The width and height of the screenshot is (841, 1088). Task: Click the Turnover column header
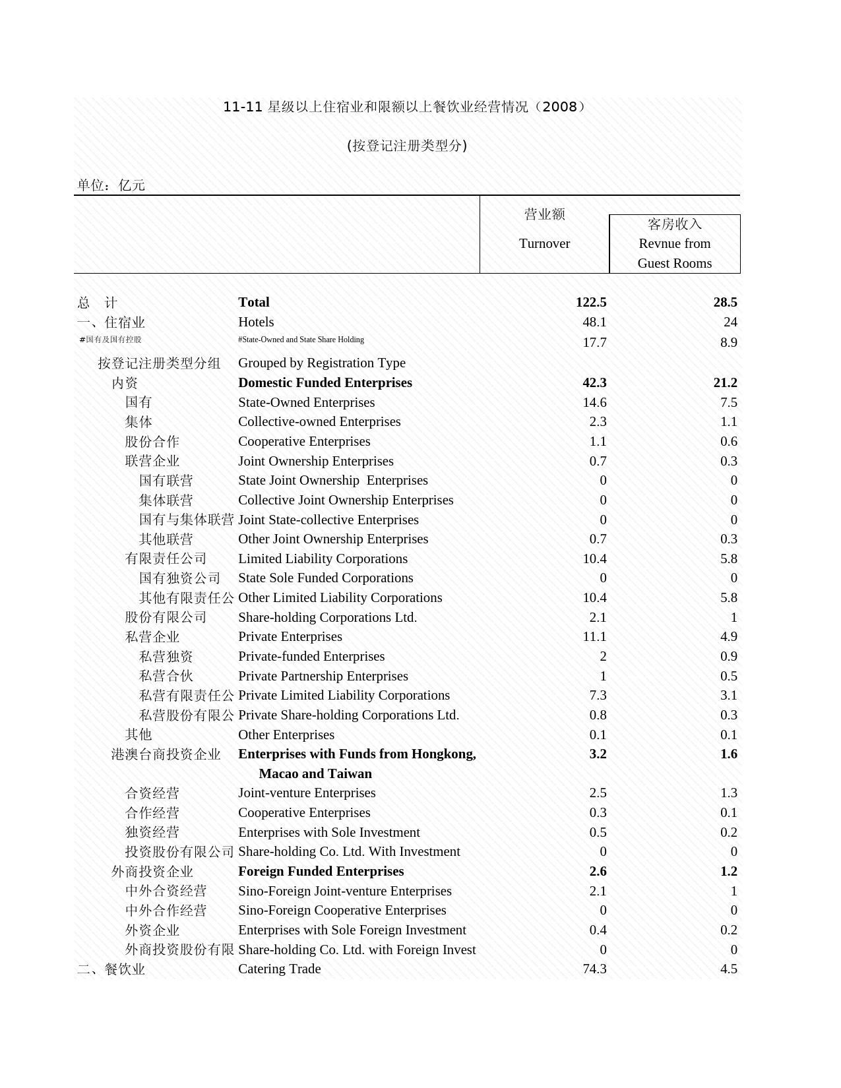pyautogui.click(x=544, y=243)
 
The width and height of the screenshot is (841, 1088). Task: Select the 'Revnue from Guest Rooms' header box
pyautogui.click(x=674, y=243)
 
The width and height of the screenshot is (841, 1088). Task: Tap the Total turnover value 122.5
pyautogui.click(x=590, y=302)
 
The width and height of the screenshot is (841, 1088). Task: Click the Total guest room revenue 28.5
pyautogui.click(x=725, y=302)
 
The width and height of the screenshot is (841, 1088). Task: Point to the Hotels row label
pyautogui.click(x=256, y=322)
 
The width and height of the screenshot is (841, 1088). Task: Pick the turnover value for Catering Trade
pyautogui.click(x=594, y=969)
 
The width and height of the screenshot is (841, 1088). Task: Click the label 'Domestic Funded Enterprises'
pyautogui.click(x=325, y=382)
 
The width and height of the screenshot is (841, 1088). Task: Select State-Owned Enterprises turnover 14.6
pyautogui.click(x=594, y=402)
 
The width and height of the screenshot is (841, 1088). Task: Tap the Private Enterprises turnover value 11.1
pyautogui.click(x=594, y=636)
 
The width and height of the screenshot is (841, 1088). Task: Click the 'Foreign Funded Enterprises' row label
pyautogui.click(x=321, y=871)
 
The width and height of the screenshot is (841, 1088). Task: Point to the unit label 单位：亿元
pyautogui.click(x=111, y=185)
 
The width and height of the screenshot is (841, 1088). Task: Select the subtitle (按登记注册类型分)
pyautogui.click(x=406, y=146)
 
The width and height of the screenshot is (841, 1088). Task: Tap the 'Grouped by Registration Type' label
pyautogui.click(x=321, y=363)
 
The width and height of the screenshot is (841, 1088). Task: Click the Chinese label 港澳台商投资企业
pyautogui.click(x=166, y=754)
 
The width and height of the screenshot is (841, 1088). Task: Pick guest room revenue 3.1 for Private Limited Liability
pyautogui.click(x=728, y=695)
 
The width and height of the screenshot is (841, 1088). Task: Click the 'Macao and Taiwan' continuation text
pyautogui.click(x=315, y=773)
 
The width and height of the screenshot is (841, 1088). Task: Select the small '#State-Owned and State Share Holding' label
pyautogui.click(x=301, y=340)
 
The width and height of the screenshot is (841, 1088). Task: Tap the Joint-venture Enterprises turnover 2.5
pyautogui.click(x=598, y=793)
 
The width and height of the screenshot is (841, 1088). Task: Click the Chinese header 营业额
pyautogui.click(x=544, y=214)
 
